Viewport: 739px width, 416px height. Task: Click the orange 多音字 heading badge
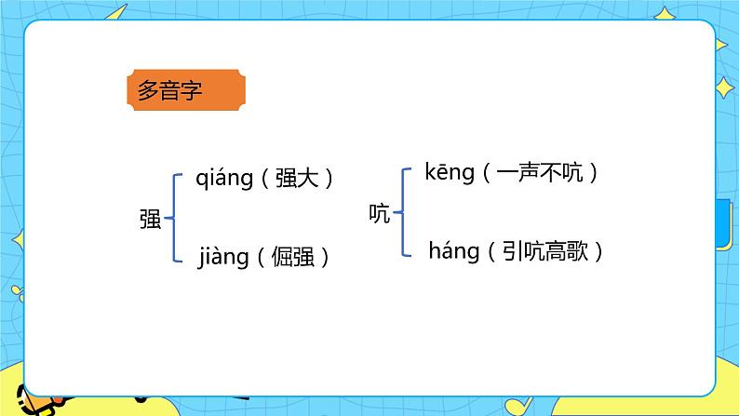tap(185, 91)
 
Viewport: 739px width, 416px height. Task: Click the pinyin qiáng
tap(224, 178)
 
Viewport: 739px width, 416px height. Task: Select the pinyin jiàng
tap(223, 256)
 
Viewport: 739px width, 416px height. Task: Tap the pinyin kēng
tap(450, 172)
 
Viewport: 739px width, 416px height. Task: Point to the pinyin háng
tap(453, 249)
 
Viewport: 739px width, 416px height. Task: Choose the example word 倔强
tap(292, 256)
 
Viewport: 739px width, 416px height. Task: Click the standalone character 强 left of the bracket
tap(150, 220)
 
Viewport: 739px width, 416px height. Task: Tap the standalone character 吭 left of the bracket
tap(380, 214)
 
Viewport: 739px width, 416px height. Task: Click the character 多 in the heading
tap(149, 91)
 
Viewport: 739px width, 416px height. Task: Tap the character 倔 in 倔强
tap(282, 256)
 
